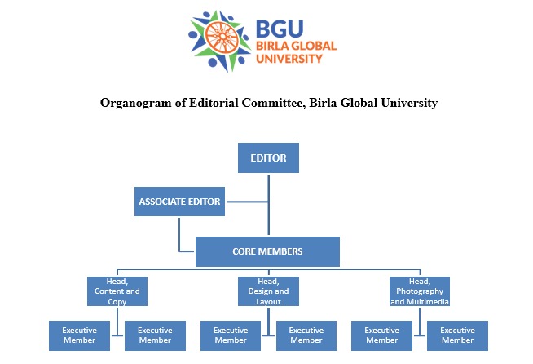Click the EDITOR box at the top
coord(268,158)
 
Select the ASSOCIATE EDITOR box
coord(179,202)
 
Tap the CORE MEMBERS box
coord(267,251)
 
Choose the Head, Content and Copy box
coord(117,291)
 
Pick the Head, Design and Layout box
coord(267,291)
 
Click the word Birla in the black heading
coord(325,103)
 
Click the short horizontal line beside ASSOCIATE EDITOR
coord(246,202)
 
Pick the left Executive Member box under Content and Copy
coord(80,335)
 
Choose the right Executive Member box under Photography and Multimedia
coord(457,335)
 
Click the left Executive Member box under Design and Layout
coord(231,335)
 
